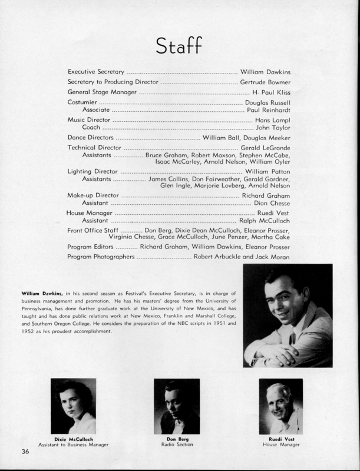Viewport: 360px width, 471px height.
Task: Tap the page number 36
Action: (x=25, y=452)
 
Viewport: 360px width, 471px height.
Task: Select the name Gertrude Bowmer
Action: (x=265, y=82)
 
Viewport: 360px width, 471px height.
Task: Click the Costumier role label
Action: (x=84, y=103)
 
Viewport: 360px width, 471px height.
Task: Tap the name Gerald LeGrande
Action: (x=265, y=147)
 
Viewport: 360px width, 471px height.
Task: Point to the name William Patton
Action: (x=269, y=171)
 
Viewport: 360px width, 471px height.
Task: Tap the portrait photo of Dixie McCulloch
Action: (x=74, y=406)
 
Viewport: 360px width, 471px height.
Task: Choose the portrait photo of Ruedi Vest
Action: (x=281, y=406)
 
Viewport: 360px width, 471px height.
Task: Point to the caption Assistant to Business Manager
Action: (x=73, y=445)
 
